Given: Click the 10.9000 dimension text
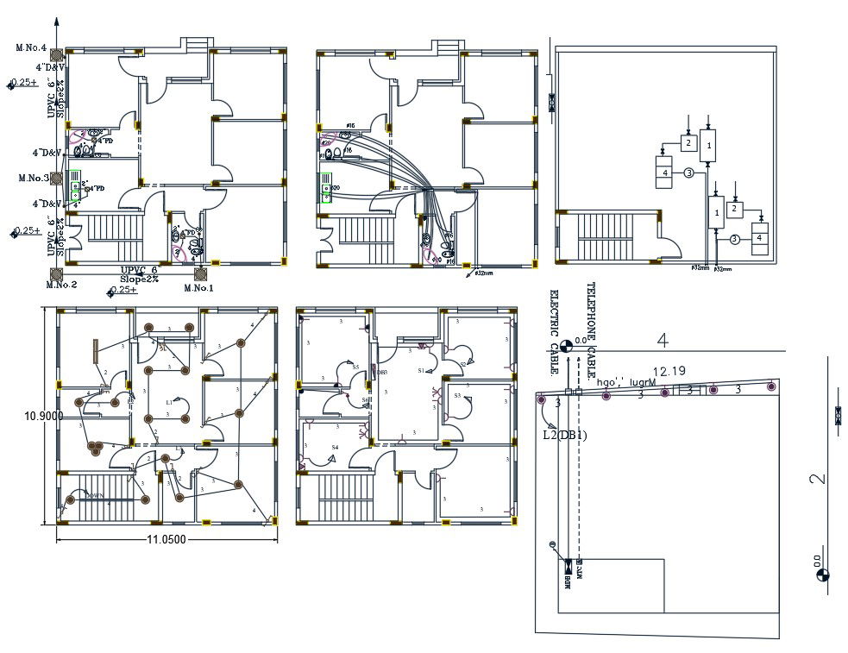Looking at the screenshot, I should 43,416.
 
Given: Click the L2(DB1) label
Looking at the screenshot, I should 565,435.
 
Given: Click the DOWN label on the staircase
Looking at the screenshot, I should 94,496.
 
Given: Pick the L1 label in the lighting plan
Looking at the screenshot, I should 170,403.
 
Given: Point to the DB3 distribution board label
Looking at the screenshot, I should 380,372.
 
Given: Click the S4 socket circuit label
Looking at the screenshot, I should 335,447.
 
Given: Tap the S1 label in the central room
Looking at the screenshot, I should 421,371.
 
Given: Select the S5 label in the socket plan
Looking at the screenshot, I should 355,367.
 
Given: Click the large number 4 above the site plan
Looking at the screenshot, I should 663,341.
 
